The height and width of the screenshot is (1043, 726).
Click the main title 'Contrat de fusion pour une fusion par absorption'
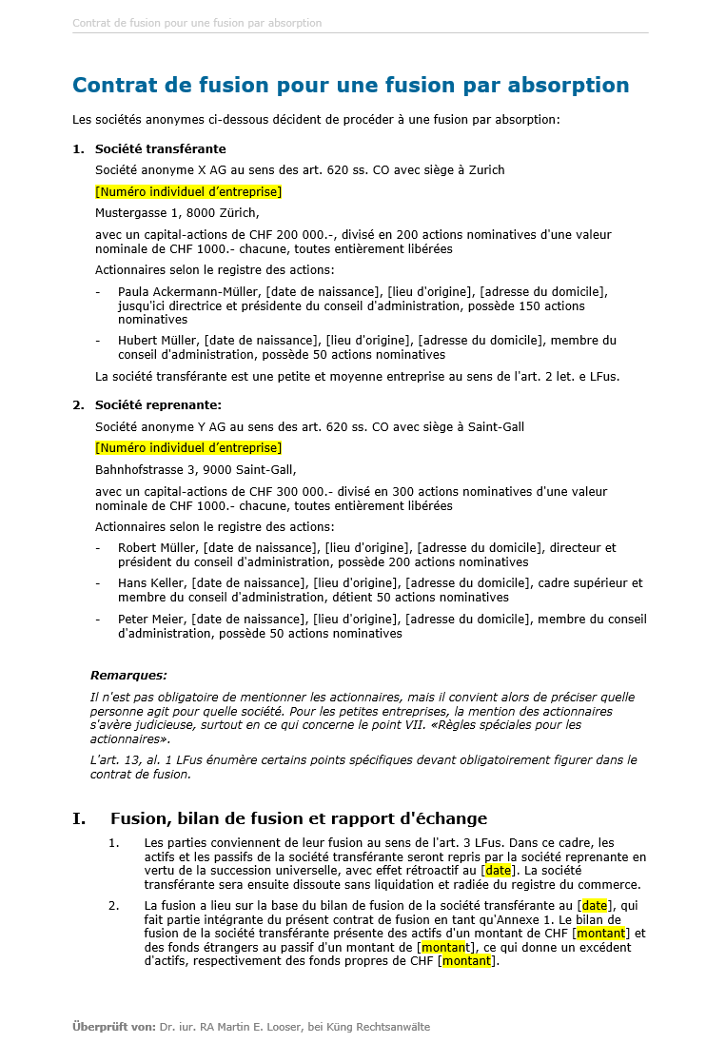point(350,85)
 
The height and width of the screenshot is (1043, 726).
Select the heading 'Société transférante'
point(160,149)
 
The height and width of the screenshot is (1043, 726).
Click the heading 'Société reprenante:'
point(158,405)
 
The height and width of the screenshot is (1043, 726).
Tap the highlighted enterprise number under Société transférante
point(188,192)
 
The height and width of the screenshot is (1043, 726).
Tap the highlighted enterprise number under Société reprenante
point(188,448)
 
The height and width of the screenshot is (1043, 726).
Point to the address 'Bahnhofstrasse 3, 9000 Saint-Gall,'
point(195,469)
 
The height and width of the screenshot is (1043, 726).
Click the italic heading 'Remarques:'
point(128,676)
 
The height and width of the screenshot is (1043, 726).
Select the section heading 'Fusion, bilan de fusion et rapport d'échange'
point(299,818)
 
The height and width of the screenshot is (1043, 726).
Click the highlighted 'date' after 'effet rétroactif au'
point(498,871)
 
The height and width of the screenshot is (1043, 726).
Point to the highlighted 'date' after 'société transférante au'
point(594,906)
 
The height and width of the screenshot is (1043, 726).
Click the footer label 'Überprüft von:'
point(113,1027)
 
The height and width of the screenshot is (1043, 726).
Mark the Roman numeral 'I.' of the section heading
point(79,818)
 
